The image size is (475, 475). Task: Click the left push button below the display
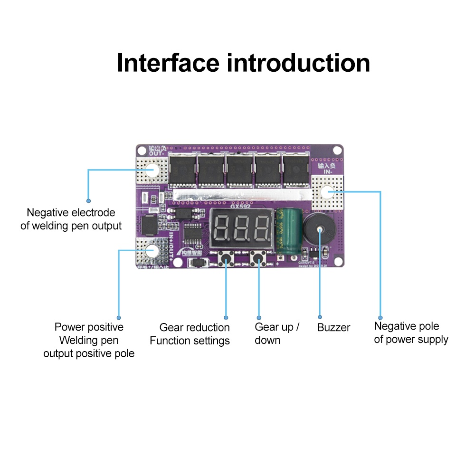(x=226, y=259)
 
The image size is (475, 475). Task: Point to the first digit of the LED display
(x=223, y=228)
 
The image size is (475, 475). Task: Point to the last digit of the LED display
(x=262, y=228)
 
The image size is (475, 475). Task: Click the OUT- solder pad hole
(x=152, y=170)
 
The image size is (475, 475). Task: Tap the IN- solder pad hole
(x=327, y=192)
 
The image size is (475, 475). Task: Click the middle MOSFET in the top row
(x=239, y=170)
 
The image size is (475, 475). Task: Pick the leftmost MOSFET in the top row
(x=182, y=170)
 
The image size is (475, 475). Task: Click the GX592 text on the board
(x=240, y=206)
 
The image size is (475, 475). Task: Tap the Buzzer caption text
(x=333, y=327)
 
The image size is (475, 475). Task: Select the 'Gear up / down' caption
(x=277, y=333)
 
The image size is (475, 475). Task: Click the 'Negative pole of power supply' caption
(x=411, y=332)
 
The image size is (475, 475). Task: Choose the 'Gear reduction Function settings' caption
(x=190, y=334)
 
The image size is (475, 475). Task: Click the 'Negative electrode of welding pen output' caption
(x=71, y=219)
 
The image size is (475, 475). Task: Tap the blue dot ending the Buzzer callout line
(x=320, y=317)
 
